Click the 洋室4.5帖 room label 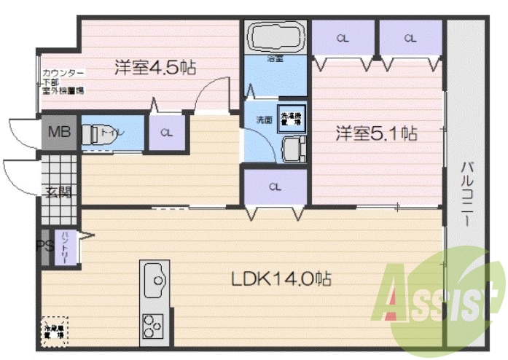click(155, 68)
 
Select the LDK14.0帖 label click(282, 278)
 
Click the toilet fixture click(92, 135)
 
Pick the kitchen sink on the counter click(155, 278)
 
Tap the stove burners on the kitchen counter click(155, 322)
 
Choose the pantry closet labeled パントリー click(66, 246)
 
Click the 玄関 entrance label click(59, 193)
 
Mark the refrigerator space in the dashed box click(55, 332)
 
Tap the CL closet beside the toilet click(167, 133)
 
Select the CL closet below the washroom click(274, 187)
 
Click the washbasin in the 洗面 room click(292, 151)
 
